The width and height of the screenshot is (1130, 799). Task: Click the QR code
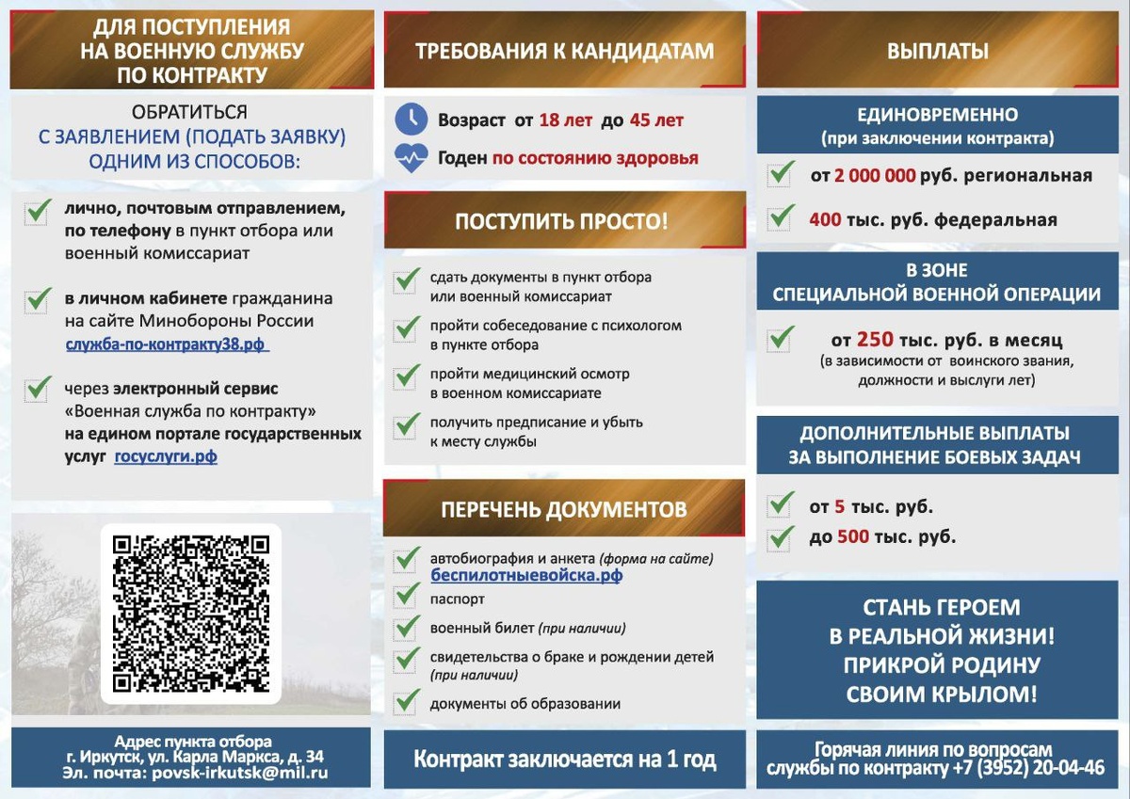coord(191,614)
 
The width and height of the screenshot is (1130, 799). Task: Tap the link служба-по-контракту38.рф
coord(167,344)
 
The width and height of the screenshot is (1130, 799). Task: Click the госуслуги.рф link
coord(167,456)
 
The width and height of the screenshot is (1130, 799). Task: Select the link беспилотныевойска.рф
coord(526,575)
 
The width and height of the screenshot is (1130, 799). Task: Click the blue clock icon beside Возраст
coord(411,120)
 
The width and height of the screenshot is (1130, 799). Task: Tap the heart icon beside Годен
coord(411,158)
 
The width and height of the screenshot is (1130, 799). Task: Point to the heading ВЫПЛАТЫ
coord(938,52)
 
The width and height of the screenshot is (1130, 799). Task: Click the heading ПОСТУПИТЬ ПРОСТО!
coord(561,222)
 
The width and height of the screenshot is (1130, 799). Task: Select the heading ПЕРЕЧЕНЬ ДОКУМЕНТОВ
coord(563,509)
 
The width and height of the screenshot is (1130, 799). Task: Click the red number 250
coord(874,340)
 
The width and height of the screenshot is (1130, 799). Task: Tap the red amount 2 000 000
coord(876,176)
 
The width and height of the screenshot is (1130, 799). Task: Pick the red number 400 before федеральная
coord(825,220)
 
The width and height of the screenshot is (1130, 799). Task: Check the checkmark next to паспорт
coord(407,596)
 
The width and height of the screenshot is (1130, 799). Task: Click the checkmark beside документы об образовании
coord(407,701)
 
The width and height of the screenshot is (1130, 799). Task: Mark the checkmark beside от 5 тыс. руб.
coord(781,505)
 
